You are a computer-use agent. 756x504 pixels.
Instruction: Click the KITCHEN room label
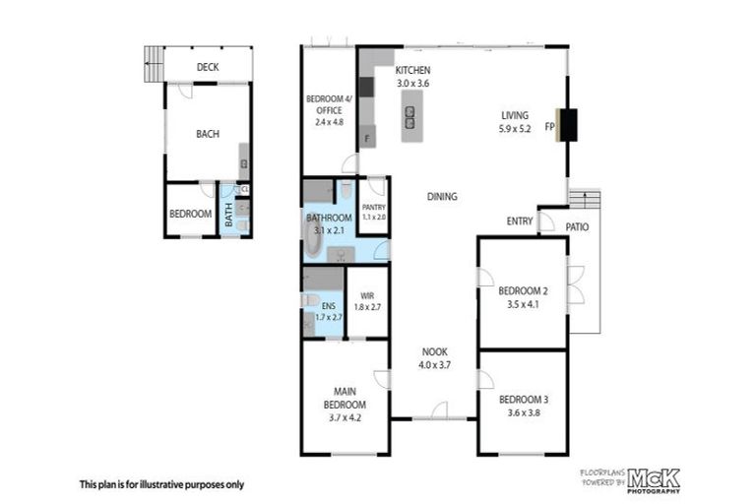(412, 71)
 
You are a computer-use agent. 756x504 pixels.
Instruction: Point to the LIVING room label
(515, 114)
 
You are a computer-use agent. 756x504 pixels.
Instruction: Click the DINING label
(442, 197)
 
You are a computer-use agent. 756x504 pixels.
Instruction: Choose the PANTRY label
(373, 208)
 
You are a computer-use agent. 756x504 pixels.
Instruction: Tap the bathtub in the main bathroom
(313, 240)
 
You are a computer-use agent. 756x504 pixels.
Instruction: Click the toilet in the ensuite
(310, 300)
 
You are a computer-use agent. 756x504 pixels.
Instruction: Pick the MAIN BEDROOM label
(345, 397)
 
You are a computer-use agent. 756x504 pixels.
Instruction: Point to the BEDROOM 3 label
(521, 399)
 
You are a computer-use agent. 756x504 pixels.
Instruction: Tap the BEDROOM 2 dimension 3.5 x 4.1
(521, 304)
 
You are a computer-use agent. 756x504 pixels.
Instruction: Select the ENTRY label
(520, 220)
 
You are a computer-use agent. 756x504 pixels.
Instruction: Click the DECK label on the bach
(207, 67)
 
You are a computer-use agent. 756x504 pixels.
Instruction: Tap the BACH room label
(207, 134)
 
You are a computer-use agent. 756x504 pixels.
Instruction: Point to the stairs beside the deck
(153, 66)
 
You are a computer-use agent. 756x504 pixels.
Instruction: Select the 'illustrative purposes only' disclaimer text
(161, 484)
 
